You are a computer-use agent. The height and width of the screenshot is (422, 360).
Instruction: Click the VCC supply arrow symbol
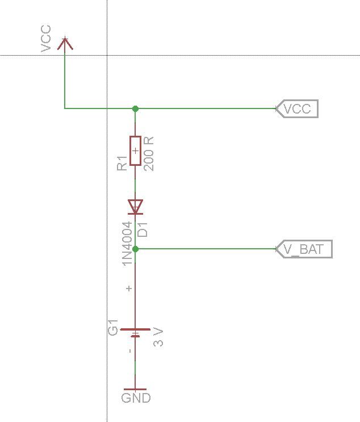[65, 43]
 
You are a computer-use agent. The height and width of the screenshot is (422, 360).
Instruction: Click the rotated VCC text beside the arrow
[46, 39]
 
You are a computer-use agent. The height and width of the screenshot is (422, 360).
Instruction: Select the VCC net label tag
[297, 108]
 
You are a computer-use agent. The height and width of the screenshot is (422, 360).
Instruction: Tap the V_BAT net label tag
[304, 249]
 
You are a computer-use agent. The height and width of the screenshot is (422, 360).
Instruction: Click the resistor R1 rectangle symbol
[135, 151]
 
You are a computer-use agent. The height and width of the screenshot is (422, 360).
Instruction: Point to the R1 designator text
[122, 163]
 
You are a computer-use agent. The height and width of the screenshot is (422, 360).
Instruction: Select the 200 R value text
[149, 154]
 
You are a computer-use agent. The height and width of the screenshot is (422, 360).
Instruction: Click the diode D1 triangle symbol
[135, 207]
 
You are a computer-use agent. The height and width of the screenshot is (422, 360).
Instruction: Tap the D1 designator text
[143, 229]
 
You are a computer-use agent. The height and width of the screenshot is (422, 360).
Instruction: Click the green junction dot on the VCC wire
[135, 108]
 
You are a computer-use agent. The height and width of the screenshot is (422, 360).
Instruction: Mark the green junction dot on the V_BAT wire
[135, 249]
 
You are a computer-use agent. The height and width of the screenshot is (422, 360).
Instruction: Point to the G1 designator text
[113, 327]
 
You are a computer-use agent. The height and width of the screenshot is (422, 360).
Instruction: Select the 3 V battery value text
[158, 337]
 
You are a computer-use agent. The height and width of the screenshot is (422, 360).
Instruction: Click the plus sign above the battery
[129, 288]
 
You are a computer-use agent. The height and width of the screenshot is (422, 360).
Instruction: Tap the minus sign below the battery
[130, 350]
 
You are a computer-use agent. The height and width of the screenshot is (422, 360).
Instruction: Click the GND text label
[136, 398]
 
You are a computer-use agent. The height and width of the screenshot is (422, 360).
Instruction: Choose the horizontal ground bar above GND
[135, 389]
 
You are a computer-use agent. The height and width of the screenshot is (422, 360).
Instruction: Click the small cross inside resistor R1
[135, 151]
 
